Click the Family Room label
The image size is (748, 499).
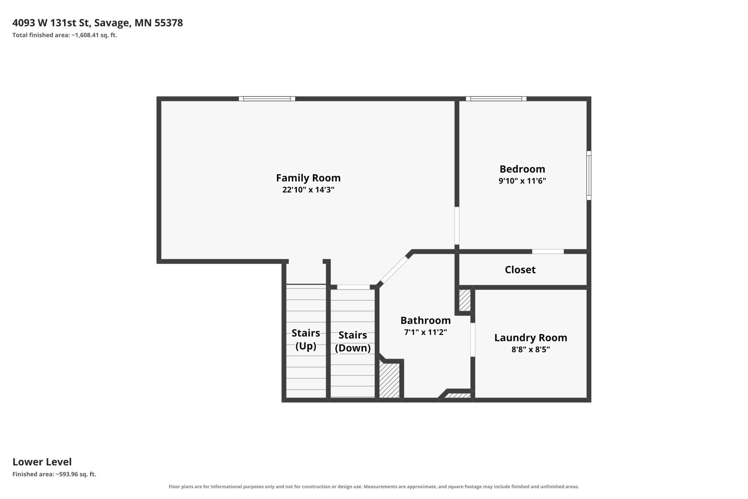click(308, 178)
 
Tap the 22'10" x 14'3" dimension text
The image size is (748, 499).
click(308, 190)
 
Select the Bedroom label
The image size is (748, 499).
click(522, 169)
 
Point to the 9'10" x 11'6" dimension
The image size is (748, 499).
click(522, 181)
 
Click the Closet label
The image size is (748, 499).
click(520, 270)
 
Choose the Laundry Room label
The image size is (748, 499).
click(530, 338)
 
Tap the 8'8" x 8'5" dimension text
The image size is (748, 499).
click(530, 349)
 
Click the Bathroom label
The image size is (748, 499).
click(425, 320)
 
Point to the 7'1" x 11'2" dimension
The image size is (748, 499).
click(425, 332)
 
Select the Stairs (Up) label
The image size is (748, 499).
click(306, 340)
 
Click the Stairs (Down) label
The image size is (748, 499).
click(352, 342)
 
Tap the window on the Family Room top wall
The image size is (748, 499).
click(267, 99)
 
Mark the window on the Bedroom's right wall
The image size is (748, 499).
click(589, 175)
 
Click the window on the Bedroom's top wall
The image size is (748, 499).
click(496, 99)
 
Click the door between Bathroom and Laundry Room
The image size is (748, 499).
click(473, 340)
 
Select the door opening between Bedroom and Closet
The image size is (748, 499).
click(548, 251)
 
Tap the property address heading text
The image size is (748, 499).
click(98, 23)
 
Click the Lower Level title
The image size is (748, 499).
click(42, 462)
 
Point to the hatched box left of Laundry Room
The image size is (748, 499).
click(465, 300)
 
